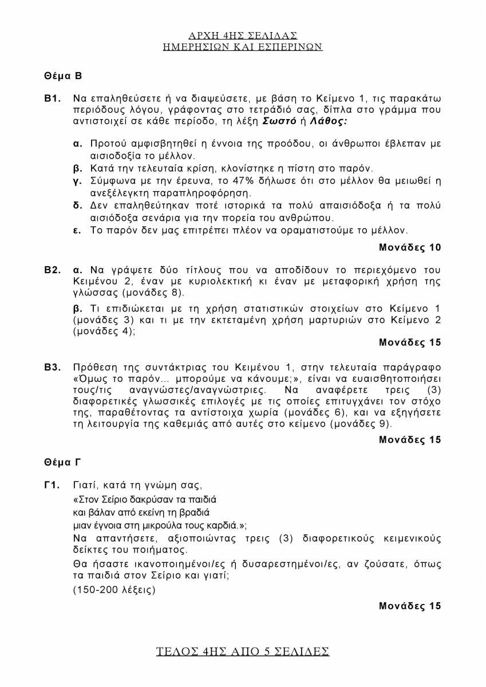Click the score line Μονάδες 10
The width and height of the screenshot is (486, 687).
pyautogui.click(x=410, y=248)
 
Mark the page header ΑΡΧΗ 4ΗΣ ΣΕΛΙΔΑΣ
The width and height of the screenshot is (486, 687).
pyautogui.click(x=243, y=35)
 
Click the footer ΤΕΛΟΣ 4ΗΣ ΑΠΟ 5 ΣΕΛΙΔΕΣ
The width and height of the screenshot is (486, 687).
pyautogui.click(x=243, y=652)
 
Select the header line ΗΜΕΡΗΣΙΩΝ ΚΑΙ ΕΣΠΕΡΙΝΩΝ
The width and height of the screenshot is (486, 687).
pyautogui.click(x=243, y=47)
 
